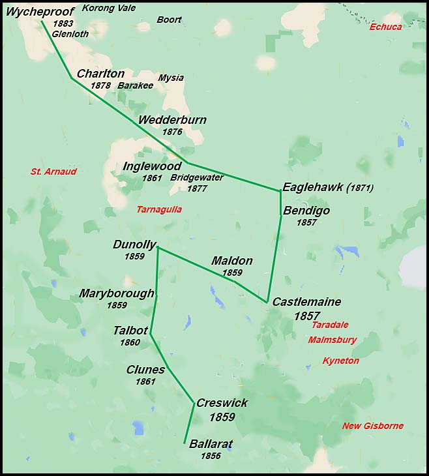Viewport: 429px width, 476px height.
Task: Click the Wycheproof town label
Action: click(40, 12)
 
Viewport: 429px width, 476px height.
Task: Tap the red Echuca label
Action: click(385, 27)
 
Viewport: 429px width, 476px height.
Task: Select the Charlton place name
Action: click(100, 74)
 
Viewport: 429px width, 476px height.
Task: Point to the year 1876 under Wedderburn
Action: click(172, 132)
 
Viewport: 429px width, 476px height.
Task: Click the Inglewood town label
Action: click(152, 166)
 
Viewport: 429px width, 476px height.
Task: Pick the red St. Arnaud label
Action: click(53, 171)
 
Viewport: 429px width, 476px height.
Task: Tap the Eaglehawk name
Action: click(313, 186)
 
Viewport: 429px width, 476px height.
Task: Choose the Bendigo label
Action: click(306, 211)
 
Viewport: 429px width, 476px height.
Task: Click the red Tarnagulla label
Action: click(159, 209)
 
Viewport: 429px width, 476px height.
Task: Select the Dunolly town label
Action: click(134, 245)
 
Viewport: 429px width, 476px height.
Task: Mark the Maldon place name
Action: click(231, 261)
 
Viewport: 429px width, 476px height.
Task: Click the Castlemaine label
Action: click(306, 302)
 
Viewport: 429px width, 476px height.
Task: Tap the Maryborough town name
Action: click(117, 293)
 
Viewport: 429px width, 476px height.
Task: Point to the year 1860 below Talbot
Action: click(130, 342)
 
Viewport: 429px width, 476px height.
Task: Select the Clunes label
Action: click(145, 370)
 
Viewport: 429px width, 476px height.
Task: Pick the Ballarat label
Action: click(211, 444)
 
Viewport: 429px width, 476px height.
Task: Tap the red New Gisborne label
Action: click(372, 426)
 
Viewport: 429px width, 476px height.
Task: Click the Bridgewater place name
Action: click(196, 177)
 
